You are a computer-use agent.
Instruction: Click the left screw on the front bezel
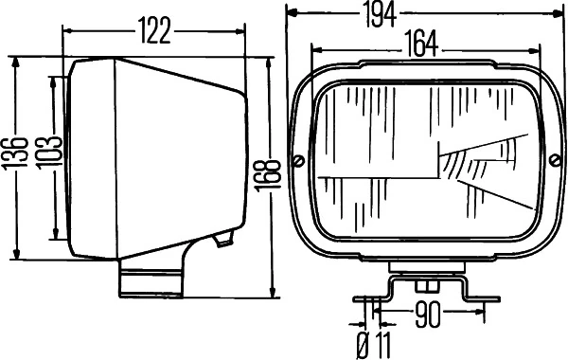coord(299,159)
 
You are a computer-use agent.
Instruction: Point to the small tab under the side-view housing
coord(223,239)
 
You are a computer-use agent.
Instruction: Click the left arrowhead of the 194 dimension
coord(292,13)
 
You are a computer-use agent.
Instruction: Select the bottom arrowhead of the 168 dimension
coord(272,292)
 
